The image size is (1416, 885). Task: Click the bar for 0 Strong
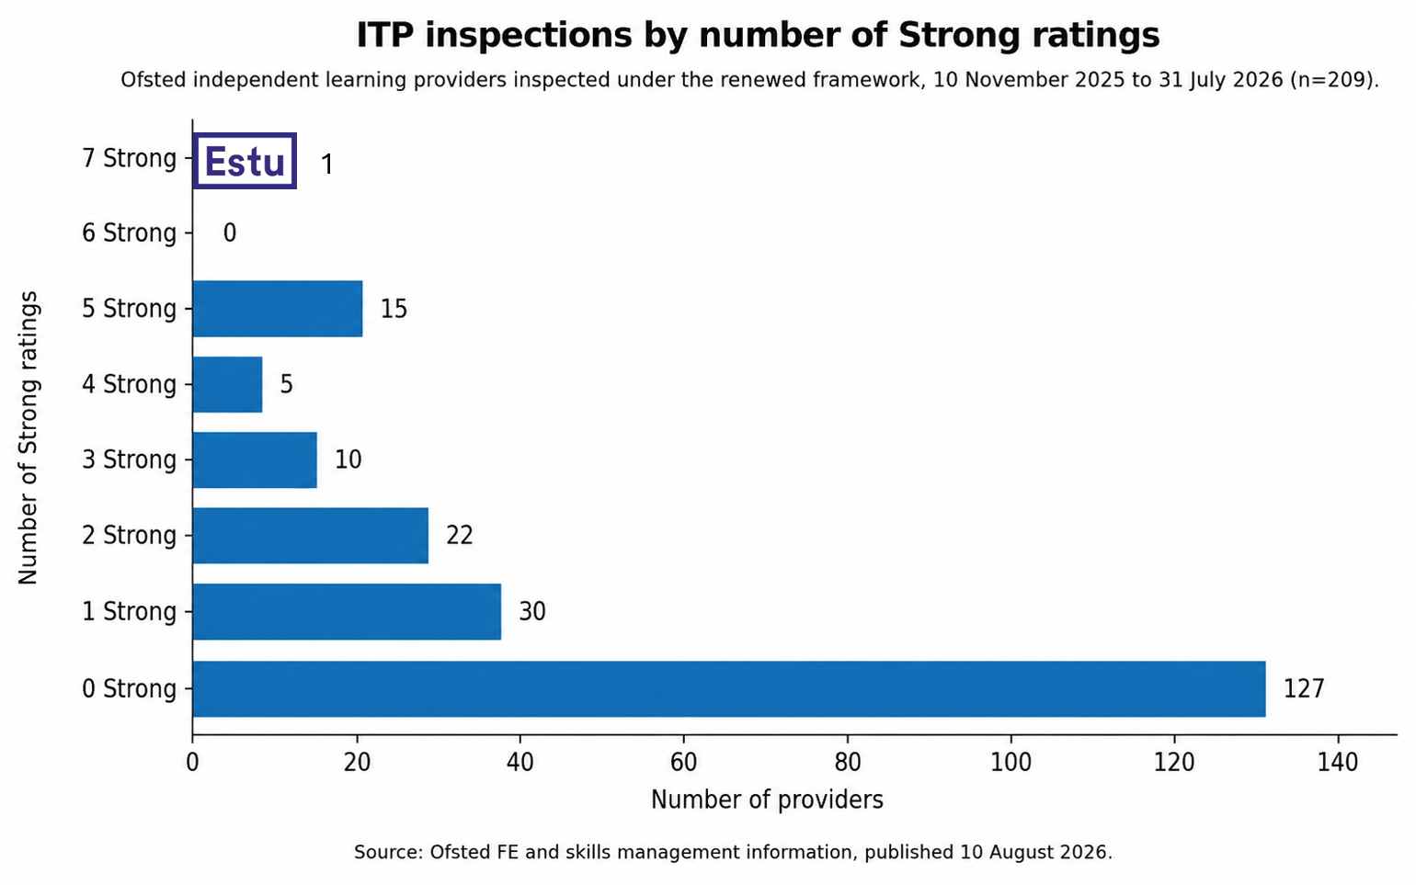click(729, 688)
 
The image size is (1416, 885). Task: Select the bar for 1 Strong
click(347, 611)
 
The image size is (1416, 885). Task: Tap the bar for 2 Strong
click(311, 536)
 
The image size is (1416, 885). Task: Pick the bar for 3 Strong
click(255, 460)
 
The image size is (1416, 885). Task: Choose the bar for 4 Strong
click(228, 384)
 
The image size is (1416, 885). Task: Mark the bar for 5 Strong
click(278, 308)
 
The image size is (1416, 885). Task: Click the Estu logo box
click(245, 161)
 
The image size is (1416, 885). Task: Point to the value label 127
click(1304, 688)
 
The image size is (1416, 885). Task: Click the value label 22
click(460, 536)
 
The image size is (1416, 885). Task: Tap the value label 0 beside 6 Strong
click(230, 233)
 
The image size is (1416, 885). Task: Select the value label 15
click(394, 309)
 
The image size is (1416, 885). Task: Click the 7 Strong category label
click(129, 158)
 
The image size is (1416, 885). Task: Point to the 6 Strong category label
click(129, 233)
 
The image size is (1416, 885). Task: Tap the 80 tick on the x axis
click(847, 763)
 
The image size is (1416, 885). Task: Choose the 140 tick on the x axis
click(1338, 763)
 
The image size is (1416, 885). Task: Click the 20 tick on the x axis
click(357, 763)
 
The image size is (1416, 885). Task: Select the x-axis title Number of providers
click(767, 800)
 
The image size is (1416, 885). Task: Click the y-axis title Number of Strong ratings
click(29, 437)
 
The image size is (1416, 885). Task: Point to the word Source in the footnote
click(387, 853)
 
